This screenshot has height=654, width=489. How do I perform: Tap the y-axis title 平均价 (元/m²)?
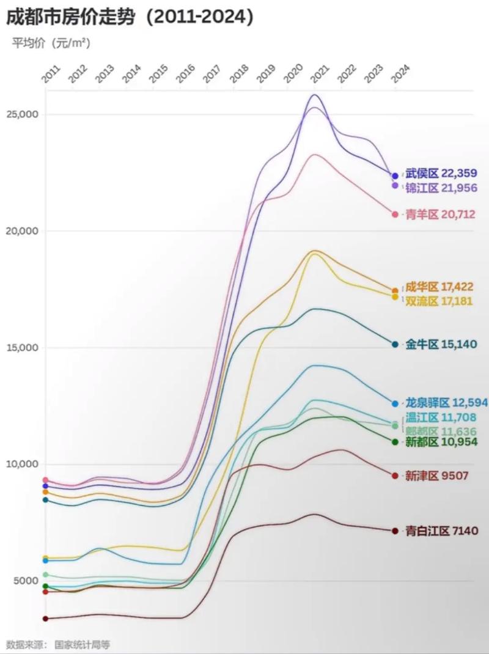click(51, 43)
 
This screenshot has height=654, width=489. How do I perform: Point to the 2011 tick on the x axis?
click(48, 74)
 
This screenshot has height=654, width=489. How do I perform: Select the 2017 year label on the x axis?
click(210, 74)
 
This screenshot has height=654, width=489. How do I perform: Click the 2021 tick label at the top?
click(318, 74)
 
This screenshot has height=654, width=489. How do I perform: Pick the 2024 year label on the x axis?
click(399, 74)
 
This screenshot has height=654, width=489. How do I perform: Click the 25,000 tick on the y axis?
click(22, 115)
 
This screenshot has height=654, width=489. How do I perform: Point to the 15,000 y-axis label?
click(22, 348)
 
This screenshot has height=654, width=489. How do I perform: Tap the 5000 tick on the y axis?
click(25, 581)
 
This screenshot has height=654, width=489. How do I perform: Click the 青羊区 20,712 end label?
click(440, 215)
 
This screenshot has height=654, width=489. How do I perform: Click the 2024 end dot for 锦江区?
click(395, 185)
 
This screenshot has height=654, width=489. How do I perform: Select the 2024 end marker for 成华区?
click(395, 291)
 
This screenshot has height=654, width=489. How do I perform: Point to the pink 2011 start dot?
click(45, 480)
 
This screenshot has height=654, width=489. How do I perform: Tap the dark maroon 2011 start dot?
click(45, 619)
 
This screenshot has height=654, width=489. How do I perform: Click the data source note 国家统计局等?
click(83, 644)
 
